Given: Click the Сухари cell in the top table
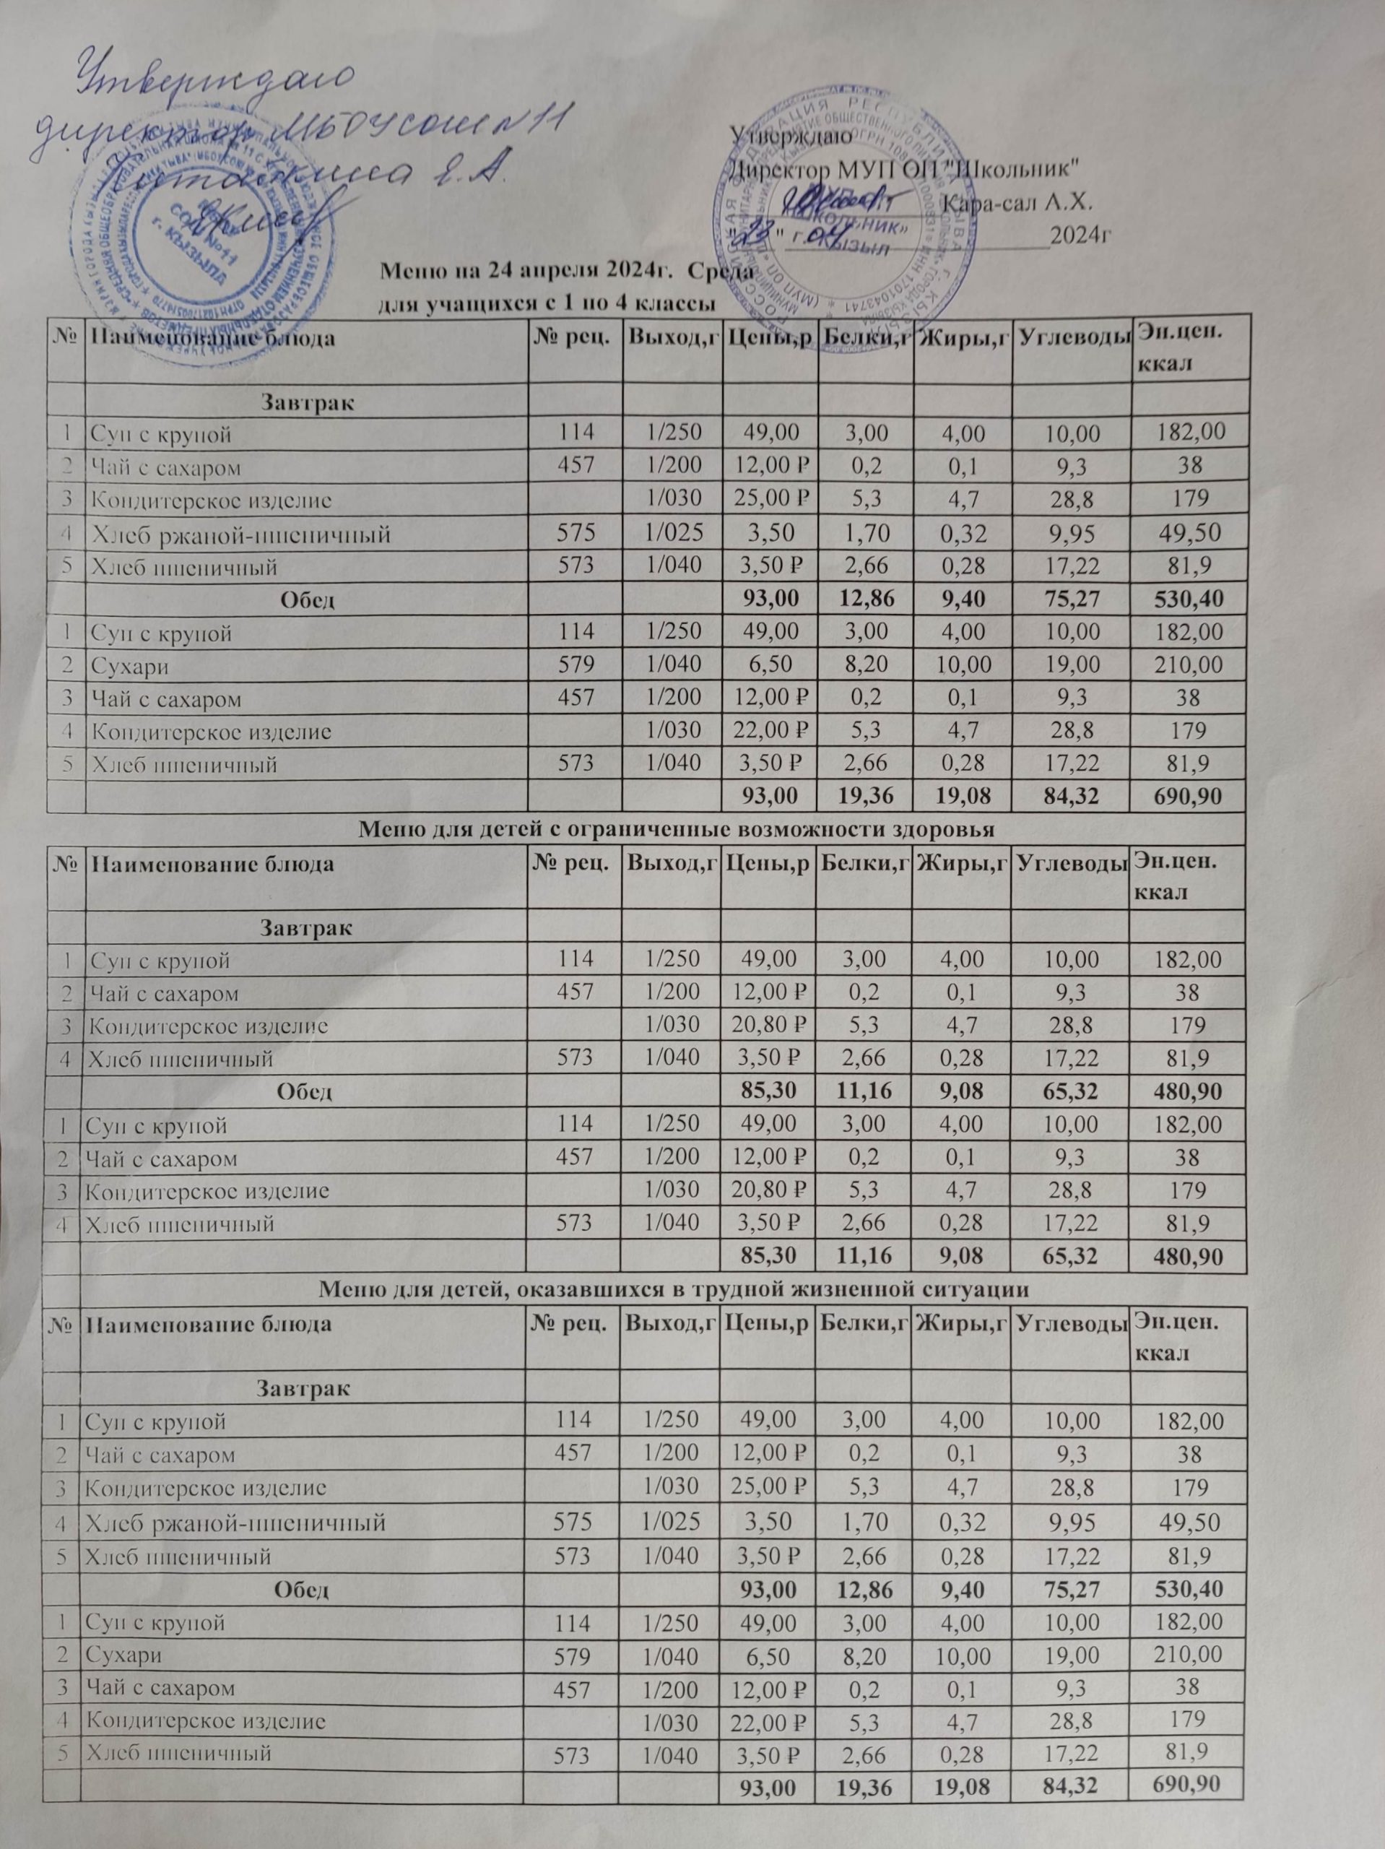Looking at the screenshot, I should pos(116,665).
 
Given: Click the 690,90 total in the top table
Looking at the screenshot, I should pos(1179,797).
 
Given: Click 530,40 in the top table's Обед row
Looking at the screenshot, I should pos(1179,599).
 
